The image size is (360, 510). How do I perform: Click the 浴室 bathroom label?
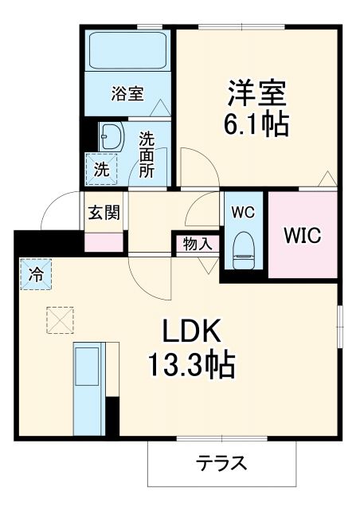coord(127,92)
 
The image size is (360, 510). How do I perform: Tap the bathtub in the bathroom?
coord(127,50)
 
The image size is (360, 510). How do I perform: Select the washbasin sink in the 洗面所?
coord(109,136)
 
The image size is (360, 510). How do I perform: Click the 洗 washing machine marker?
coord(101,168)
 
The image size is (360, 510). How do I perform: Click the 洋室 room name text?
coord(255,93)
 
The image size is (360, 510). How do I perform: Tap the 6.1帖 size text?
coord(255,124)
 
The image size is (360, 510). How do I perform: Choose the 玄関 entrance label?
coord(104,212)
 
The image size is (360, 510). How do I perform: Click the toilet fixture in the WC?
coord(242,251)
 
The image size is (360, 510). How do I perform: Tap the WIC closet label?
coord(302,236)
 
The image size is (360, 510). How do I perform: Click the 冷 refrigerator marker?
coord(36,276)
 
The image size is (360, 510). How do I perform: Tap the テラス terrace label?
coord(222,463)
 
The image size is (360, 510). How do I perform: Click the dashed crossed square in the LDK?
coord(58,320)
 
